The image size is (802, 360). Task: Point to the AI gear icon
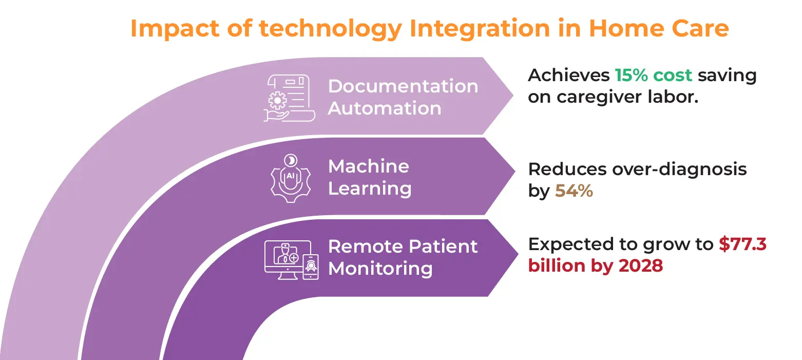click(290, 178)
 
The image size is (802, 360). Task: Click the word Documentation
click(403, 86)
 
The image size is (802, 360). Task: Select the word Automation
click(385, 108)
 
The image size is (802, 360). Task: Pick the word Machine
click(369, 166)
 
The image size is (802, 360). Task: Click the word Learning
click(370, 188)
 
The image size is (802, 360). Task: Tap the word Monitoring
click(380, 269)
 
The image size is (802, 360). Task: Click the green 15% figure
click(632, 75)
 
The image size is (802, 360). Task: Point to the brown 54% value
click(574, 192)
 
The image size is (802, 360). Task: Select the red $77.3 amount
click(742, 244)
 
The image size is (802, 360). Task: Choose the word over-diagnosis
click(666, 169)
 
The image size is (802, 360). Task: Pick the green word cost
click(673, 75)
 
